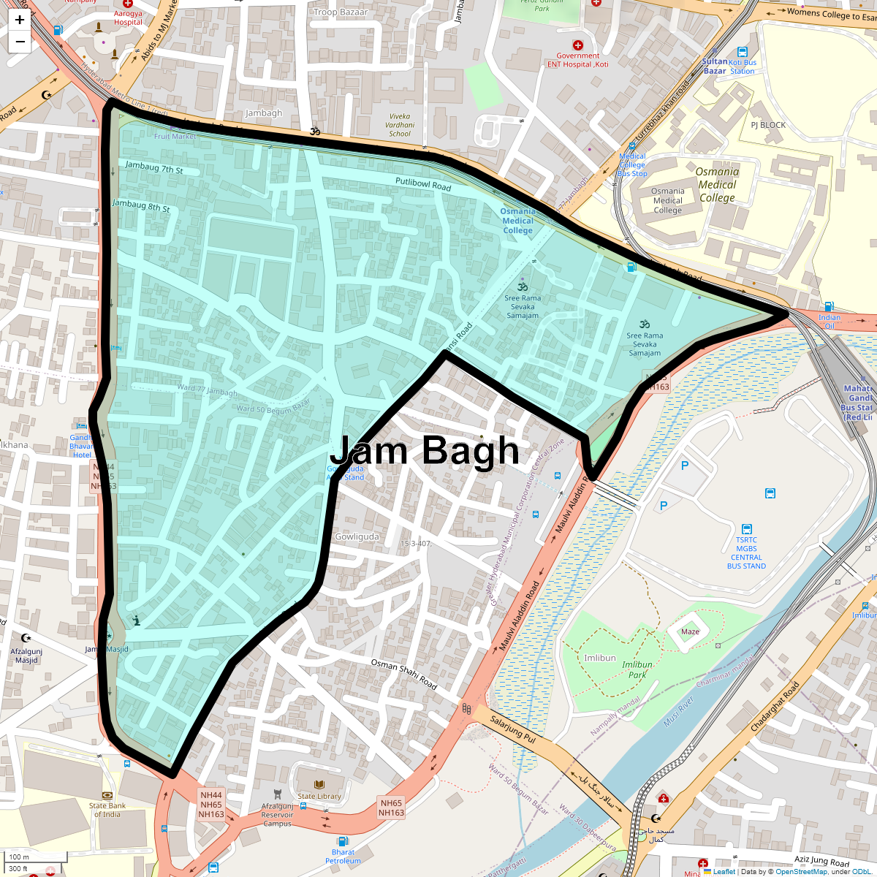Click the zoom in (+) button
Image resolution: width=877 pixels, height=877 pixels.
click(20, 20)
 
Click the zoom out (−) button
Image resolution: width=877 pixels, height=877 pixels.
click(20, 42)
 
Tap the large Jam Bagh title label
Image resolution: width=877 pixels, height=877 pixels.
click(425, 450)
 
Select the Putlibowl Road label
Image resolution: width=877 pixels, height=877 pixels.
click(423, 184)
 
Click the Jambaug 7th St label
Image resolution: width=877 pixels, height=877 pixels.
click(153, 167)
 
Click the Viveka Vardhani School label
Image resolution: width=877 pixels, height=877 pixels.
click(400, 125)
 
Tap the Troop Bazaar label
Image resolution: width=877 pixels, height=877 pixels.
click(341, 12)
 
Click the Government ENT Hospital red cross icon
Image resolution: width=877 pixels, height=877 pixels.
click(578, 45)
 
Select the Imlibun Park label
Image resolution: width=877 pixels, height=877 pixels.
click(637, 669)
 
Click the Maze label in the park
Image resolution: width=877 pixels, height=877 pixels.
click(690, 631)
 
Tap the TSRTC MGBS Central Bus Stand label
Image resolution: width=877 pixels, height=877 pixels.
click(746, 553)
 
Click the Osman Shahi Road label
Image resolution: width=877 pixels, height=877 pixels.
click(403, 674)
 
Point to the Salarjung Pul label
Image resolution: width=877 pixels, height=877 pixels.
click(512, 729)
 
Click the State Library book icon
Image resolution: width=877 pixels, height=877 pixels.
click(319, 784)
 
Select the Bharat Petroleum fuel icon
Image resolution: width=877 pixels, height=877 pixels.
click(343, 841)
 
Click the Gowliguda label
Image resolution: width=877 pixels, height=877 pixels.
click(357, 536)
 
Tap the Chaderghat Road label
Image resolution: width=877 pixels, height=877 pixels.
click(775, 707)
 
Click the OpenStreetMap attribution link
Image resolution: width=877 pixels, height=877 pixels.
click(801, 871)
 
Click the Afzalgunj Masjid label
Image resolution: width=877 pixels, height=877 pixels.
click(26, 656)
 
